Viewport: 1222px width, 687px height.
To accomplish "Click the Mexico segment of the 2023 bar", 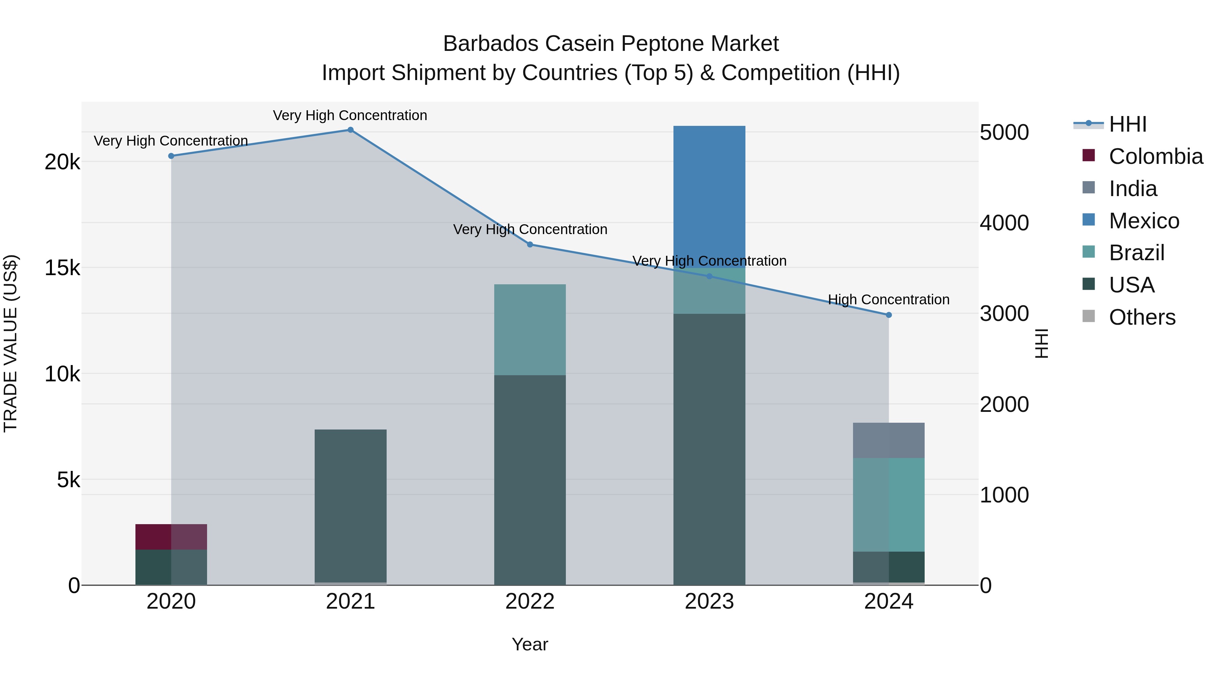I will click(709, 196).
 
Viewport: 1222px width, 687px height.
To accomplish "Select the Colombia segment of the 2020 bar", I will click(171, 537).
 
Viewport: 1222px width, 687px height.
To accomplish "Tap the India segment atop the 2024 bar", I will click(889, 440).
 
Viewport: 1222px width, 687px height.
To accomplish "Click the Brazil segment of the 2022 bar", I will click(530, 329).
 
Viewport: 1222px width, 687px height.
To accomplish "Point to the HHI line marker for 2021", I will click(351, 130).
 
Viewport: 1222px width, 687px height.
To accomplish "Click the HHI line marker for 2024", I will click(889, 315).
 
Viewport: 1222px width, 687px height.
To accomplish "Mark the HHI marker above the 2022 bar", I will click(530, 245).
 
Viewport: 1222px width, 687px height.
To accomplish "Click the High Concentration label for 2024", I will click(889, 300).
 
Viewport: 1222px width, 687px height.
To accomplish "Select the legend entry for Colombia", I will click(1155, 156).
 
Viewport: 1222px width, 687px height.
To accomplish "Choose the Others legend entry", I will click(1142, 317).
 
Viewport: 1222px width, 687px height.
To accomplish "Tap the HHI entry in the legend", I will click(1128, 124).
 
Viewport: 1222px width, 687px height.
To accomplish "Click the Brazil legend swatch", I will click(1089, 252).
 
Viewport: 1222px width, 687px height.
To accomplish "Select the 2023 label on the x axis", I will click(709, 602).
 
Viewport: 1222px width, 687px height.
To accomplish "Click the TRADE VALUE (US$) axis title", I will click(11, 343).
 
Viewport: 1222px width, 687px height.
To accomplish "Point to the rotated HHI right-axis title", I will click(1041, 343).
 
